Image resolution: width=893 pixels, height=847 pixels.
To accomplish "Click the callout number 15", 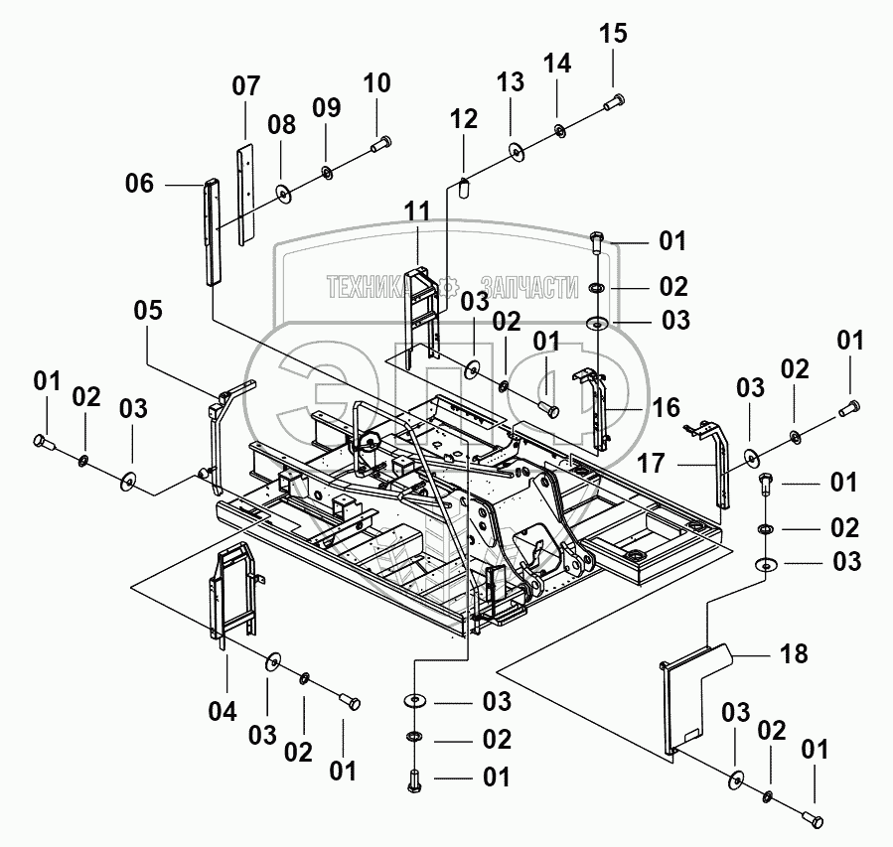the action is [613, 33].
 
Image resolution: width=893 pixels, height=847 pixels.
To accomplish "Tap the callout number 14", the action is [557, 64].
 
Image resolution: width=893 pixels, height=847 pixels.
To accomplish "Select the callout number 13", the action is [511, 82].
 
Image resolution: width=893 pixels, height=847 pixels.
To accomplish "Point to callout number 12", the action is [464, 119].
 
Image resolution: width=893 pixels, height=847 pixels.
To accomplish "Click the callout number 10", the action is [376, 83].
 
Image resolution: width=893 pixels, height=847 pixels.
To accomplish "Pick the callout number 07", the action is [246, 86].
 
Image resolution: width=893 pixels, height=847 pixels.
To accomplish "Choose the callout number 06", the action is [140, 184].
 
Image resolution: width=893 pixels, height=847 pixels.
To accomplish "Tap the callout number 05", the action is [148, 310].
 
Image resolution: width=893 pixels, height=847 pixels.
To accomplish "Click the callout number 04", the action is [223, 711].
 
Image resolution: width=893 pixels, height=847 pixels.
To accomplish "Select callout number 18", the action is [794, 654].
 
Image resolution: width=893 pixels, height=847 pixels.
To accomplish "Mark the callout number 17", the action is [651, 463].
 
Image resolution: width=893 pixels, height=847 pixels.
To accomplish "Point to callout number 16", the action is [667, 407].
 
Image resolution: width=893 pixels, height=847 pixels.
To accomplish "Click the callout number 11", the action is [417, 212].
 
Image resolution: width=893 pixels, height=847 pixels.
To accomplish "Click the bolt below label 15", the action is [613, 102].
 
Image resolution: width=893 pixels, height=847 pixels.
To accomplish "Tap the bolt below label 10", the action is [379, 143].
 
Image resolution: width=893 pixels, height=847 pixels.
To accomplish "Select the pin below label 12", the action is [463, 188].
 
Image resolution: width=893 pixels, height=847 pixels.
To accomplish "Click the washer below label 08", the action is [282, 193].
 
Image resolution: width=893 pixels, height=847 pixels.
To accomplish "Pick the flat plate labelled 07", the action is [245, 194].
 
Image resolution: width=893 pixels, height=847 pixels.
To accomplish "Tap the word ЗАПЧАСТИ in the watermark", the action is [530, 287].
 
